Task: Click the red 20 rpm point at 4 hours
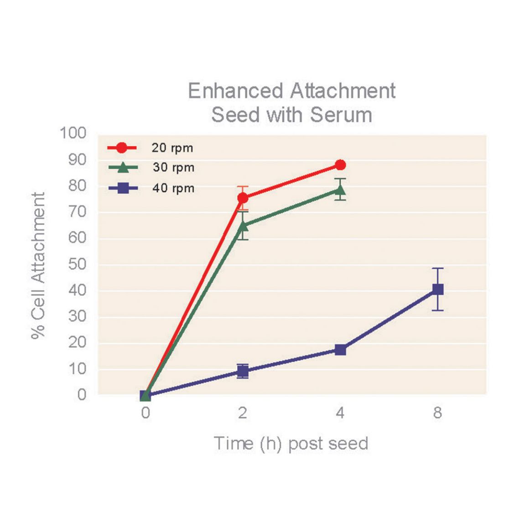tap(340, 165)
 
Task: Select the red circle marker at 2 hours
tap(243, 198)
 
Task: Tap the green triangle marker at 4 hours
tap(340, 189)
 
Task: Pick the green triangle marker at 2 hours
tap(243, 225)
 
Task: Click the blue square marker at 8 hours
tap(438, 289)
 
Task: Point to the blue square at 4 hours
tap(340, 350)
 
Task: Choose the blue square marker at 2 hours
tap(243, 371)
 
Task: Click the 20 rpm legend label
tap(172, 148)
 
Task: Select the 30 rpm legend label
tap(173, 168)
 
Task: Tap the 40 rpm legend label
tap(173, 188)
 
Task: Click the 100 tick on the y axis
tap(73, 133)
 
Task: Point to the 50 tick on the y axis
tap(77, 264)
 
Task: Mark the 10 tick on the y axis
tap(77, 369)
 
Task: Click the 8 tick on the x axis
tap(437, 413)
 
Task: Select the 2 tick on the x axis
tap(243, 413)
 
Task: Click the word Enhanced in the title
tap(236, 91)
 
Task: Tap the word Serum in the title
tap(341, 114)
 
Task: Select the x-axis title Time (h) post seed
tap(291, 443)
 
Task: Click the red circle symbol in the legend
tap(122, 148)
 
